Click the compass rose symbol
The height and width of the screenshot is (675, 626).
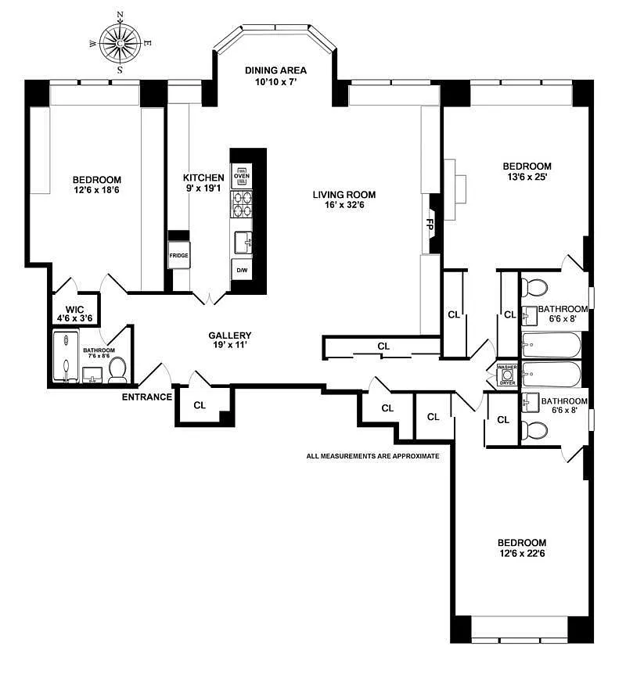(x=121, y=42)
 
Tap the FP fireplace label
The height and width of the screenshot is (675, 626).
(x=430, y=224)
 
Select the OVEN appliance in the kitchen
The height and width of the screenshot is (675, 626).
(x=242, y=176)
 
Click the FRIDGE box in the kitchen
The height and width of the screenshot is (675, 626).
(x=178, y=255)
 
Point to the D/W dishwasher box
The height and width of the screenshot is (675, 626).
(x=242, y=271)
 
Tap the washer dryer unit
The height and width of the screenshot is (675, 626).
(x=507, y=375)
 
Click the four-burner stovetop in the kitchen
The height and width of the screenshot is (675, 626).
(x=242, y=204)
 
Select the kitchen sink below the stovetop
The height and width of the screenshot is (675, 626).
(x=243, y=243)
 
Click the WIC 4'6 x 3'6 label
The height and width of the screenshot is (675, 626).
(x=74, y=314)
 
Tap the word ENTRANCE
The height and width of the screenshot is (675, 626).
(x=147, y=397)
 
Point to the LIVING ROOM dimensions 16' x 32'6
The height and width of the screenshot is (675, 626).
(x=344, y=205)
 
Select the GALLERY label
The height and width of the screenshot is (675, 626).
(x=230, y=336)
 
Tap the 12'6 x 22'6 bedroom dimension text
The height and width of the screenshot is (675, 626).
(x=522, y=553)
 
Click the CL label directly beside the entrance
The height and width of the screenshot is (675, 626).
(x=200, y=405)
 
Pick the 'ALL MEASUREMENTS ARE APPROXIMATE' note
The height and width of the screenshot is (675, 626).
(x=372, y=456)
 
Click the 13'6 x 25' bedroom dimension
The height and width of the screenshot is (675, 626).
(x=527, y=177)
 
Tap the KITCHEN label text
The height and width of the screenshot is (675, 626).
(x=203, y=178)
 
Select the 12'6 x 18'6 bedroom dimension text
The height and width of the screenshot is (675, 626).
(x=96, y=190)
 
